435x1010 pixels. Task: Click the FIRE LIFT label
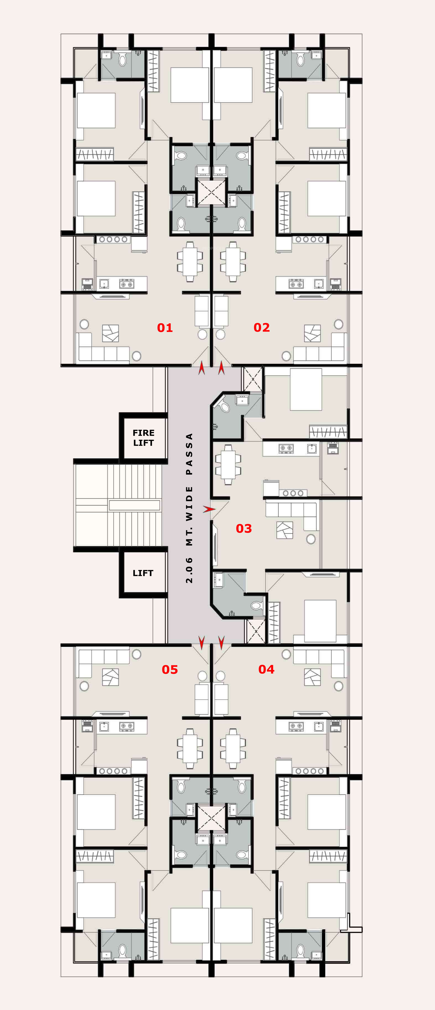[x=144, y=438]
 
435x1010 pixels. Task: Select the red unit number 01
[x=165, y=328]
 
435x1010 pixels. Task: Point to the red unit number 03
[x=244, y=529]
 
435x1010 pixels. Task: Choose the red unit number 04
[x=266, y=669]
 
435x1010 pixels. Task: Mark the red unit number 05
[x=170, y=669]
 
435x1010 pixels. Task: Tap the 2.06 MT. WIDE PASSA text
[x=190, y=508]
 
